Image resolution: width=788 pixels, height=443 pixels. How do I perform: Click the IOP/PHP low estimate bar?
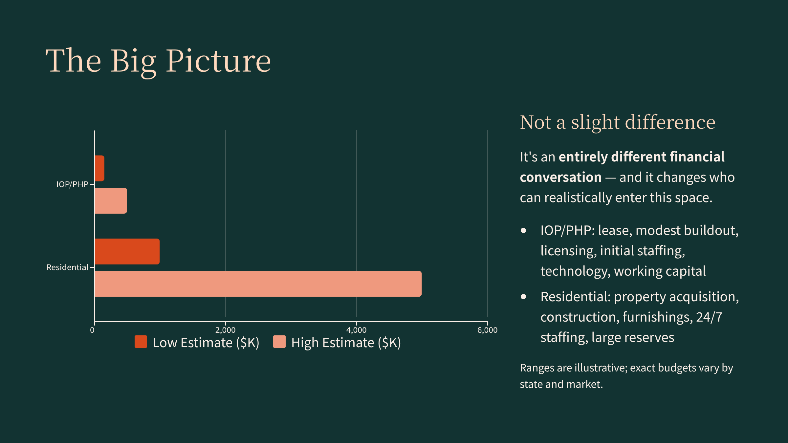coord(99,168)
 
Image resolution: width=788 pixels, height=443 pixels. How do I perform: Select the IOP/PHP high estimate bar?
coord(111,200)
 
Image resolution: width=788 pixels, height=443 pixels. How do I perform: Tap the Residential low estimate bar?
coord(127,251)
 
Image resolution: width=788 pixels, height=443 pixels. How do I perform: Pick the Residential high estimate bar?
coord(258,284)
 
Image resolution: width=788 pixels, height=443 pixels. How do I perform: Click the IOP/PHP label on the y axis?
coord(72,184)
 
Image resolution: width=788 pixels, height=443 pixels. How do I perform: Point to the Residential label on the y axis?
coord(67,267)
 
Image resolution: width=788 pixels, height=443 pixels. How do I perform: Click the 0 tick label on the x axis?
coord(92,330)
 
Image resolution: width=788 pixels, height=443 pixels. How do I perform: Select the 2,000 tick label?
coord(225,330)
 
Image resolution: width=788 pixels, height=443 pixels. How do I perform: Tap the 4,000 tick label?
coord(356,330)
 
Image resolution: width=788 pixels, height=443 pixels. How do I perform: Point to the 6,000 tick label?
coord(487,330)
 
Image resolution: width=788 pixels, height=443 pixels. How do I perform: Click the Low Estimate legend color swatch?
coord(141,342)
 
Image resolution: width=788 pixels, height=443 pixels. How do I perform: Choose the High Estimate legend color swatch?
coord(279,342)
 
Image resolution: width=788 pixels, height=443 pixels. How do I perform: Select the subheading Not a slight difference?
coord(618,122)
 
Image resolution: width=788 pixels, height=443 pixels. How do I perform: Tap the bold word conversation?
coord(561,177)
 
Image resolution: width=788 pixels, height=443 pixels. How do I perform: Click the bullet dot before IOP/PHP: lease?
coord(523,230)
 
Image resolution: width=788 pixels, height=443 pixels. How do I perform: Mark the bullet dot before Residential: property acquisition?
coord(523,297)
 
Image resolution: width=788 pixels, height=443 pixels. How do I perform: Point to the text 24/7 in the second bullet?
coord(709,317)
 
